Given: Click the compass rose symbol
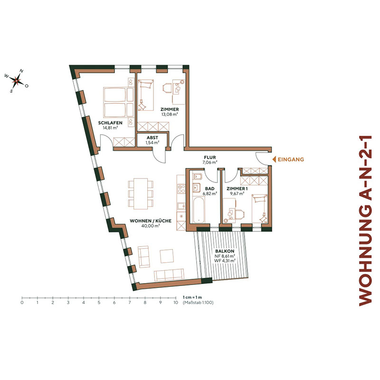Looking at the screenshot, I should pos(16,81).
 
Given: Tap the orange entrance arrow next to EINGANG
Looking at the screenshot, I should pos(274,160).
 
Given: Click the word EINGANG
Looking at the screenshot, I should pos(290,160).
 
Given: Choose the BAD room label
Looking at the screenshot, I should pos(209,188).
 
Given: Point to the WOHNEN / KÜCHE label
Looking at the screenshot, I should pos(150,221).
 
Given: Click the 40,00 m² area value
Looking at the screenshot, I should pos(150,226).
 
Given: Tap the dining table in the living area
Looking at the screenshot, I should pos(141,193).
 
